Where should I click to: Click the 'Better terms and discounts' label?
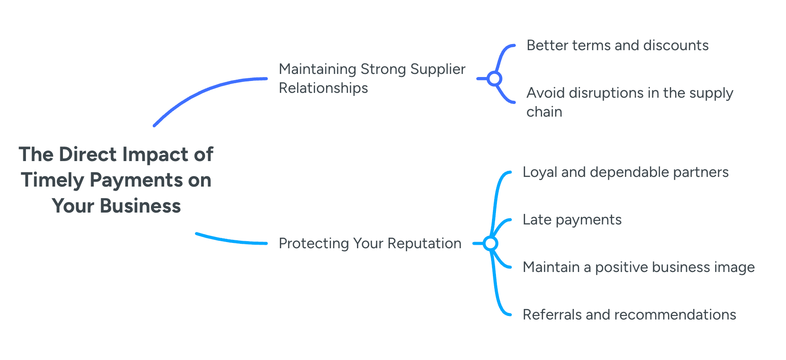click(x=617, y=45)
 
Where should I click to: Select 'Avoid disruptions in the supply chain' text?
click(x=629, y=102)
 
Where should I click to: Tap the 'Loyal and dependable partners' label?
click(x=625, y=172)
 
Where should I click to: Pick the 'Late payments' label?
click(x=572, y=220)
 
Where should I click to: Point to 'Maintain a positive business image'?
click(x=638, y=267)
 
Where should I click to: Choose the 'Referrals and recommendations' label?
click(x=629, y=315)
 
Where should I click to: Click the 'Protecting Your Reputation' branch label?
click(x=370, y=243)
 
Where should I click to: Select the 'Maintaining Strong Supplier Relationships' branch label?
click(x=372, y=78)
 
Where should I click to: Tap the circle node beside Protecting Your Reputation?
click(x=490, y=243)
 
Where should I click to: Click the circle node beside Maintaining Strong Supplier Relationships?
click(x=494, y=79)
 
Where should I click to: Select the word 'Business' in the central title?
click(x=140, y=206)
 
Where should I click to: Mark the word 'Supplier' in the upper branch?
click(x=437, y=69)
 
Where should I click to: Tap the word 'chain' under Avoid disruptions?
click(x=544, y=112)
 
